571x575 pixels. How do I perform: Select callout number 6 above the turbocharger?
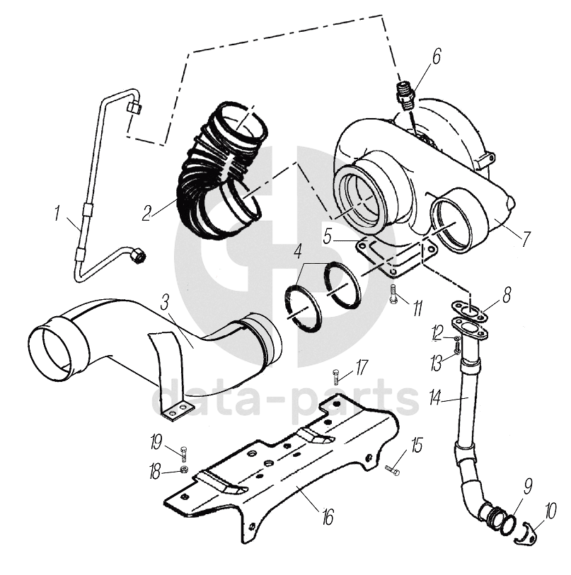(x=436, y=57)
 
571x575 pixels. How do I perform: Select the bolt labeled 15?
(x=393, y=469)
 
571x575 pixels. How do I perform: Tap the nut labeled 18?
(x=184, y=470)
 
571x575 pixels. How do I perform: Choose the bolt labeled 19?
(x=184, y=453)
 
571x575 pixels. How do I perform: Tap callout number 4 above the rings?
(x=299, y=250)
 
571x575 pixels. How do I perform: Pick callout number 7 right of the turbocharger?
(x=524, y=239)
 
